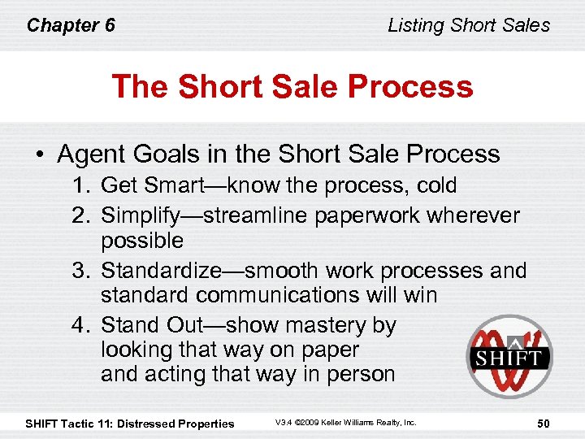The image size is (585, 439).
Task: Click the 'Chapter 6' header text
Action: [71, 25]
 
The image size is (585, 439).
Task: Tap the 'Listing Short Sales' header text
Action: [469, 25]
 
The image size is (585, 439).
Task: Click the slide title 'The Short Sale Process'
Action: [292, 86]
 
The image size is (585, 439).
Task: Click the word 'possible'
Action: [142, 241]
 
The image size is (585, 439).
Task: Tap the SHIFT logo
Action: [509, 357]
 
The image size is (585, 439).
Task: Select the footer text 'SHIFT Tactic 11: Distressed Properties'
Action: [130, 423]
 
